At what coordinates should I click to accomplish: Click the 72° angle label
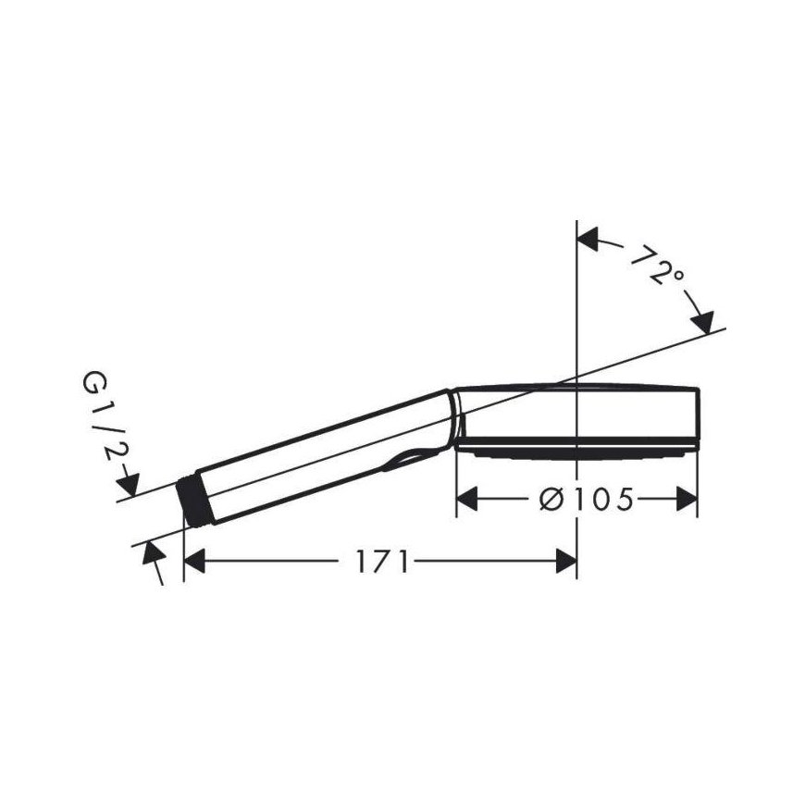(657, 266)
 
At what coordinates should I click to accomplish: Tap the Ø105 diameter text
(587, 499)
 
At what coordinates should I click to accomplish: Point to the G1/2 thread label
(103, 416)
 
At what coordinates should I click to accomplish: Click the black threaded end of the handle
(193, 502)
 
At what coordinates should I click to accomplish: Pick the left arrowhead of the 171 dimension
(194, 561)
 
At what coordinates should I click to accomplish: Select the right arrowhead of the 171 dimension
(566, 561)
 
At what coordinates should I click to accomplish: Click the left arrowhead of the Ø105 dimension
(467, 499)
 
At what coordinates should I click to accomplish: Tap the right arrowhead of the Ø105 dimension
(687, 499)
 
